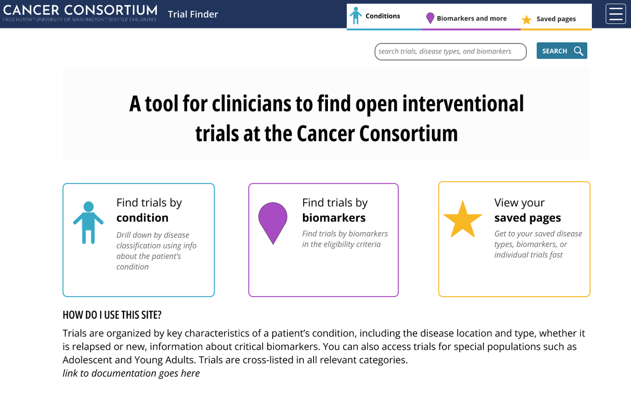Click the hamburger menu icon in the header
(x=616, y=14)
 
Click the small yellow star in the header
(x=526, y=20)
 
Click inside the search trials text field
(x=450, y=52)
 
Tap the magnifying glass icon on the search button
(x=578, y=51)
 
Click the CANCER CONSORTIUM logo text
(x=80, y=10)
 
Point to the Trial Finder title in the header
(x=193, y=14)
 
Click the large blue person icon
(x=88, y=222)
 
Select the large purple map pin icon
(x=273, y=222)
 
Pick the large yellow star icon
(x=463, y=219)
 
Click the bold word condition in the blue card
(x=142, y=218)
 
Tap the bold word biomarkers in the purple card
(x=334, y=218)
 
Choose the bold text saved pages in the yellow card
(x=527, y=218)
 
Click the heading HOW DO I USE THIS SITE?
(x=112, y=315)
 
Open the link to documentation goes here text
(x=131, y=373)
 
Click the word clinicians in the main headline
(x=251, y=104)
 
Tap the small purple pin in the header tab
(x=430, y=18)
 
